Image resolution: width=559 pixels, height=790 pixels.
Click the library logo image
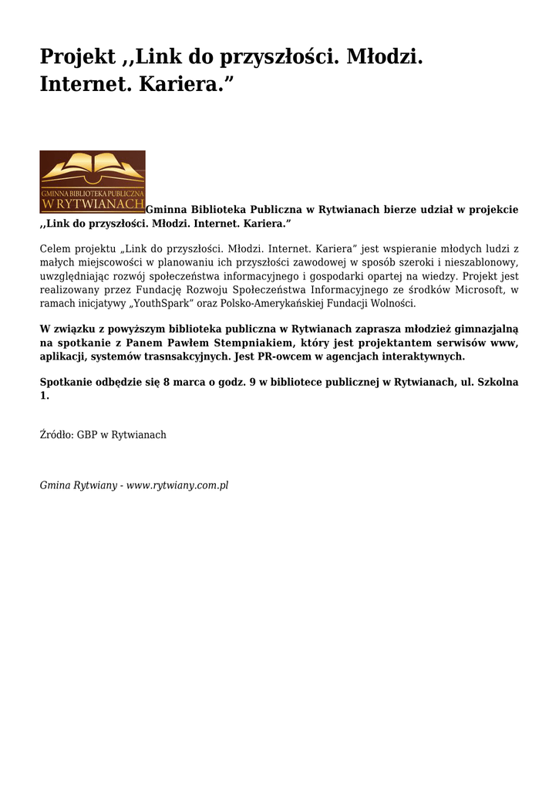pyautogui.click(x=93, y=181)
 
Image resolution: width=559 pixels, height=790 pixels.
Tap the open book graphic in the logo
pyautogui.click(x=93, y=167)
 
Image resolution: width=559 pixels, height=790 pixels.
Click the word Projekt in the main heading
pyautogui.click(x=76, y=57)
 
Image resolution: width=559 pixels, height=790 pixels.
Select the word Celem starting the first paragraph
pyautogui.click(x=55, y=249)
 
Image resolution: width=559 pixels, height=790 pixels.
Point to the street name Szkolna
pyautogui.click(x=498, y=383)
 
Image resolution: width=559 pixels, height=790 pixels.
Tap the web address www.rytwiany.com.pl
pyautogui.click(x=177, y=486)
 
